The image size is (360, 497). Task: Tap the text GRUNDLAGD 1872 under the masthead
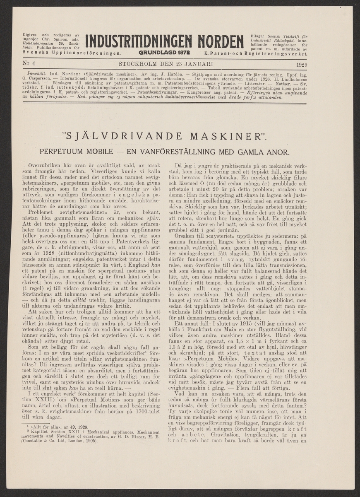point(164,53)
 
